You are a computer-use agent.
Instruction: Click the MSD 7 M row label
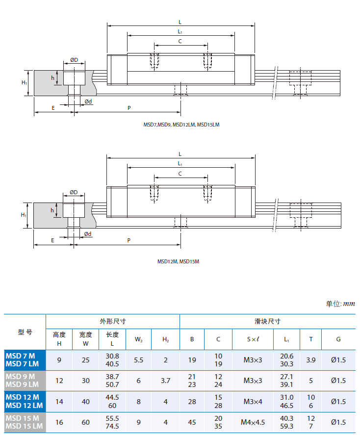(x=20, y=356)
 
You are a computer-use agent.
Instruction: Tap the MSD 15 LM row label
(x=23, y=426)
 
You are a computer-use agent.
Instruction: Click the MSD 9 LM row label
(x=22, y=384)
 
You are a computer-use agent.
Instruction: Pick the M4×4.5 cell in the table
(x=253, y=422)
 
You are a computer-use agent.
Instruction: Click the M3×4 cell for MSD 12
(x=253, y=401)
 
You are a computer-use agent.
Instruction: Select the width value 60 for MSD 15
(x=86, y=422)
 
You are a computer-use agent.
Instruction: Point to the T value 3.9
(x=310, y=359)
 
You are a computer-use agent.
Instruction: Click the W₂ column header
(x=138, y=339)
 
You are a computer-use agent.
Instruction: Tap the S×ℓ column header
(x=253, y=339)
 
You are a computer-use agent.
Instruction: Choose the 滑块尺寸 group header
(x=267, y=322)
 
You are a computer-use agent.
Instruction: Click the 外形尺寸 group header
(x=113, y=322)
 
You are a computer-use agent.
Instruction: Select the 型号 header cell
(x=25, y=332)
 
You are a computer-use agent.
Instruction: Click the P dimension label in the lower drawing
(x=129, y=240)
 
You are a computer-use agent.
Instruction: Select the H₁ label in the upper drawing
(x=24, y=82)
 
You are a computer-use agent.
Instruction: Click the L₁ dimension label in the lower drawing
(x=180, y=163)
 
